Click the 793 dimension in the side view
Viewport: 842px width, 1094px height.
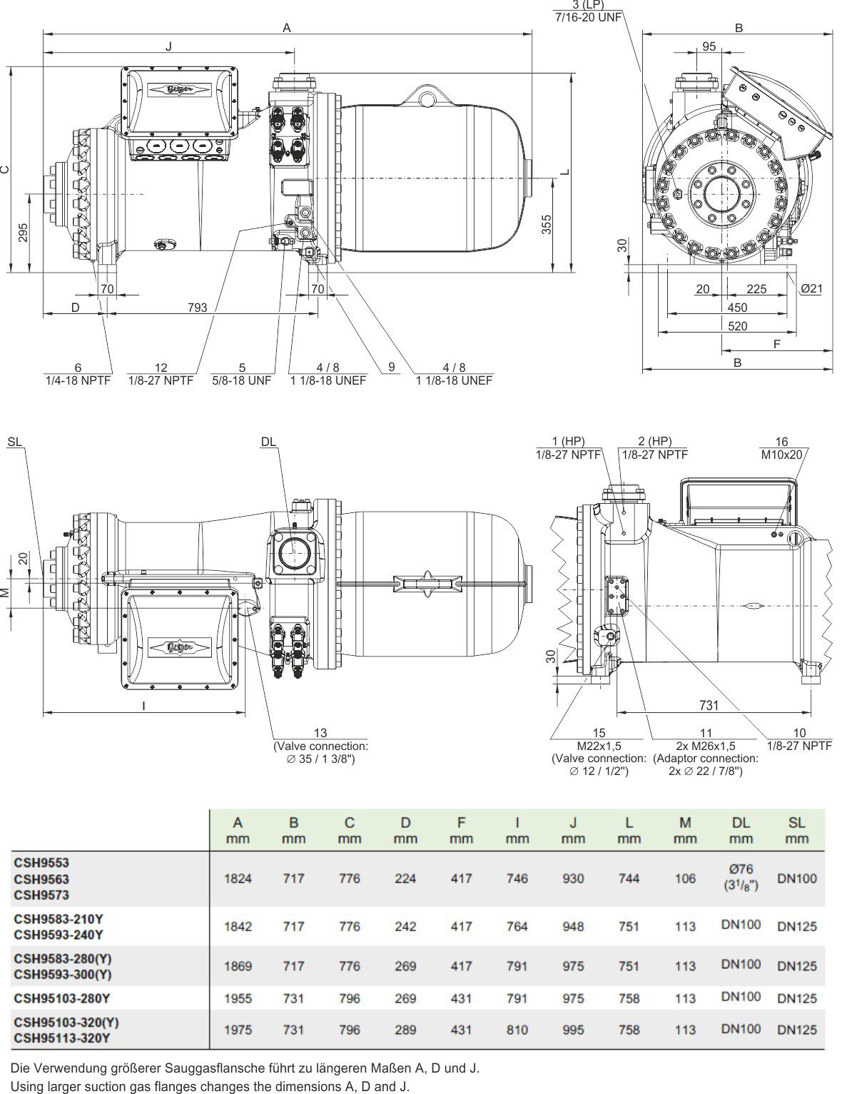[197, 308]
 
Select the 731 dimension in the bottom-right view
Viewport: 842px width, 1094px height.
[708, 705]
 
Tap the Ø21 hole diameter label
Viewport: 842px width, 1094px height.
[811, 289]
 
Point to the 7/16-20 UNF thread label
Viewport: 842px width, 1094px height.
[588, 17]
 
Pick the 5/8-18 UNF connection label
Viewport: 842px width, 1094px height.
[241, 380]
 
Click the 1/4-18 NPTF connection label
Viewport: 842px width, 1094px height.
[78, 380]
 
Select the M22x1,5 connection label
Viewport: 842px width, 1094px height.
[599, 746]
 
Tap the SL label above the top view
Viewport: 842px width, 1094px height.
[15, 442]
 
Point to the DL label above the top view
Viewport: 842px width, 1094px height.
[268, 442]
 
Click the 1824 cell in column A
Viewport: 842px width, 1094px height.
[238, 878]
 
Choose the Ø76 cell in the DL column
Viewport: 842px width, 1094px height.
[741, 870]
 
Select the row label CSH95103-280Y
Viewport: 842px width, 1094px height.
[62, 998]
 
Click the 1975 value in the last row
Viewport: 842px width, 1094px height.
[238, 1030]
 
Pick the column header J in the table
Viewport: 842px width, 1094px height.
[573, 822]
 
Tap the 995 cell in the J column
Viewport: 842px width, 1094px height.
[573, 1030]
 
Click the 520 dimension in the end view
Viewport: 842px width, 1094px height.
[738, 326]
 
